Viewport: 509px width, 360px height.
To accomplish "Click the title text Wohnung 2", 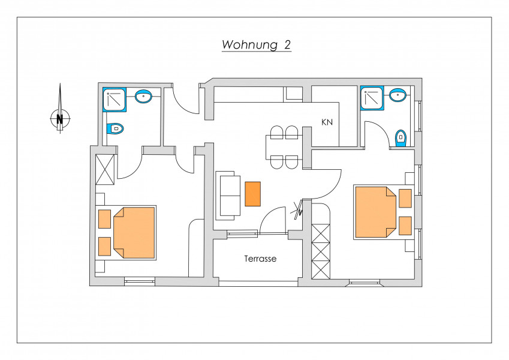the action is [x=256, y=45].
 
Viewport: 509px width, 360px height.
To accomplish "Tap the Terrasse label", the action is [x=260, y=259].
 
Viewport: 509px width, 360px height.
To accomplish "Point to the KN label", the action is [x=327, y=122].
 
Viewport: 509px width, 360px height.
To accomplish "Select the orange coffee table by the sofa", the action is [x=252, y=194].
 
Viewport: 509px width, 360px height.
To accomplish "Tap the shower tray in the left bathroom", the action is [x=115, y=100].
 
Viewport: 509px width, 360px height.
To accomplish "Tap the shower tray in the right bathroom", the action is [x=372, y=98].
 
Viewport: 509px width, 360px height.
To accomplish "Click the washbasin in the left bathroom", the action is [x=143, y=97].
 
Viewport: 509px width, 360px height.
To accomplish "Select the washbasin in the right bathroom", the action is [x=398, y=95].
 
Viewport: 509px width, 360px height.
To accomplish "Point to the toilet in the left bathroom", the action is [x=115, y=128].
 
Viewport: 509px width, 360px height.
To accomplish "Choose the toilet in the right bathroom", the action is [x=401, y=139].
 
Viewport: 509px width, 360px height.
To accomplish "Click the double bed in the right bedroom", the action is [x=375, y=212].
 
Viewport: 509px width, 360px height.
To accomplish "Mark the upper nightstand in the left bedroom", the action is [x=104, y=219].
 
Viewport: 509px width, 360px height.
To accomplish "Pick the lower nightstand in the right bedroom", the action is [x=405, y=226].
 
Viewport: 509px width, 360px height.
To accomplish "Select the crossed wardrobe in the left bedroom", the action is [x=105, y=170].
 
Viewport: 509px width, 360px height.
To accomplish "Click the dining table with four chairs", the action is [x=284, y=148].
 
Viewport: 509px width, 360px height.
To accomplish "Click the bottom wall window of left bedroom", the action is [x=140, y=281].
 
